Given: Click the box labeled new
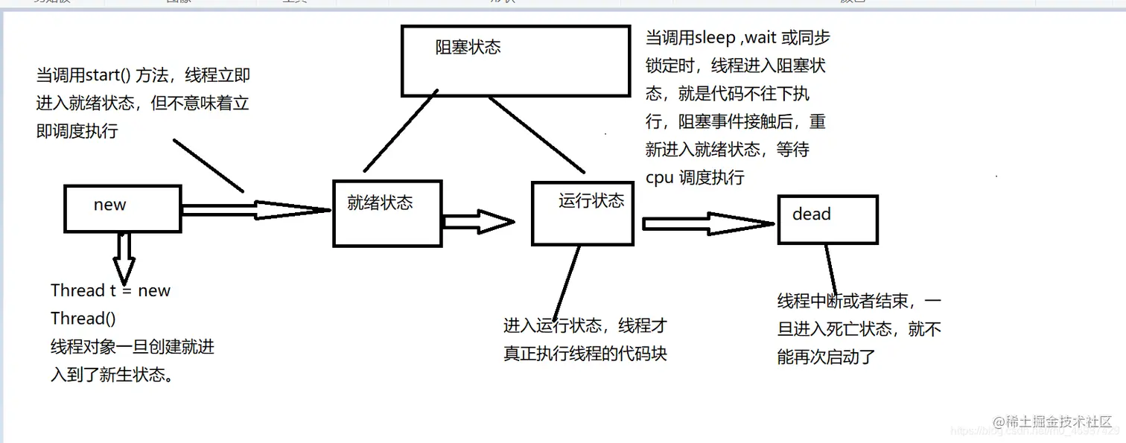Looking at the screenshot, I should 122,208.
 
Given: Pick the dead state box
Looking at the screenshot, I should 827,219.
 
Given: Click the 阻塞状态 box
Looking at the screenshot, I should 515,61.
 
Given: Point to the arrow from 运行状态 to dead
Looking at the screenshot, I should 707,223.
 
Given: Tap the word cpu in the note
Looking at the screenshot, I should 660,178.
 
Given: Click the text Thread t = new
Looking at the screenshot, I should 110,290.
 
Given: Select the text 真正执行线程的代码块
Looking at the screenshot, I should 585,353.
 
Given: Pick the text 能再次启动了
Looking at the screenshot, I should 825,357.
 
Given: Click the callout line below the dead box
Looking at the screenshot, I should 830,270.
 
